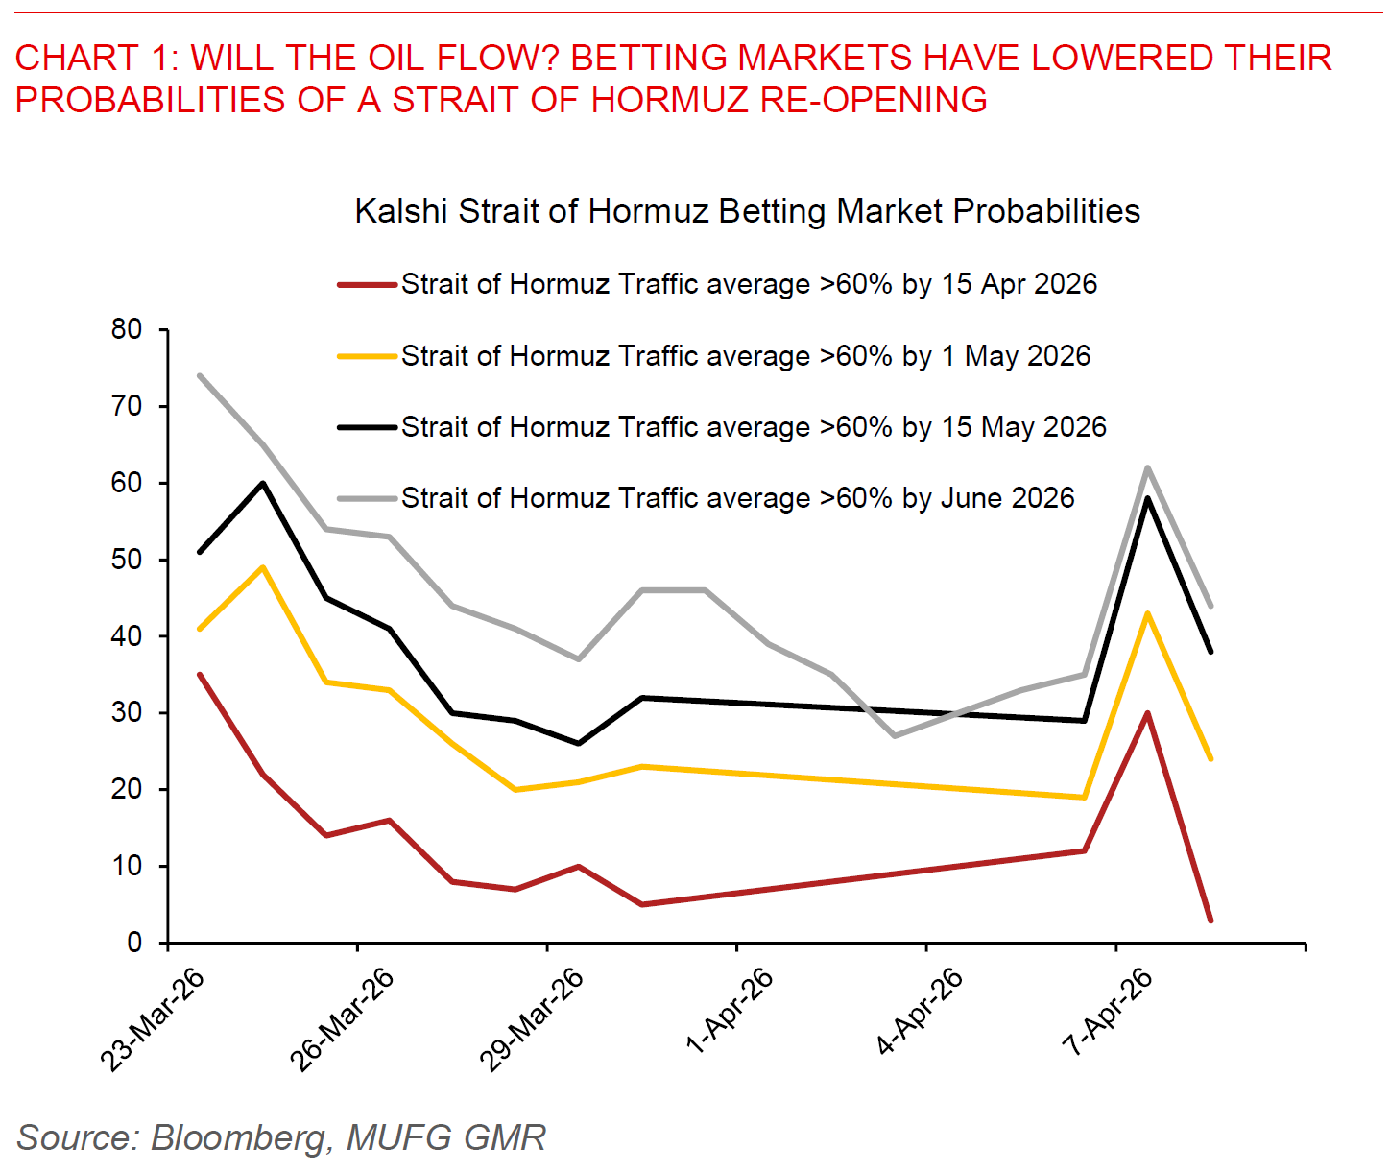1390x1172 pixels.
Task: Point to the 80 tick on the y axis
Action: click(127, 329)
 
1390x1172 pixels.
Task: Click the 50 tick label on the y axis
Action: click(127, 560)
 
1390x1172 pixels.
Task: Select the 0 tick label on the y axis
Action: click(134, 943)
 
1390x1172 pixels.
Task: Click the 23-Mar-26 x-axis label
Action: click(153, 1019)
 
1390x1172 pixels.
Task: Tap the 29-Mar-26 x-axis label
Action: click(532, 1019)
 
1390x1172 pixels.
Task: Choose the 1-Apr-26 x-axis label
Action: click(730, 1012)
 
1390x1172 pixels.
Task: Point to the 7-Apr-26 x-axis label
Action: click(1109, 1012)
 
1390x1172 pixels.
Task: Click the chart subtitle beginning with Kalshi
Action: click(747, 211)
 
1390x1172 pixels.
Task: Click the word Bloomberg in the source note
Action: click(238, 1137)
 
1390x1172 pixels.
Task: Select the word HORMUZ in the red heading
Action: click(668, 100)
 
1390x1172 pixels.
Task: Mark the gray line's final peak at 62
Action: click(1147, 467)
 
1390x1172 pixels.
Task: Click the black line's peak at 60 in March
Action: click(263, 483)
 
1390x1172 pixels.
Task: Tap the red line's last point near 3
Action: click(1210, 921)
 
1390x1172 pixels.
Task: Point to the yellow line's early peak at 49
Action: click(263, 567)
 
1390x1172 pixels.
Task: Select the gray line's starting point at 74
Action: click(200, 375)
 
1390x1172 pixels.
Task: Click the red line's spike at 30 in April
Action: click(1147, 713)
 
